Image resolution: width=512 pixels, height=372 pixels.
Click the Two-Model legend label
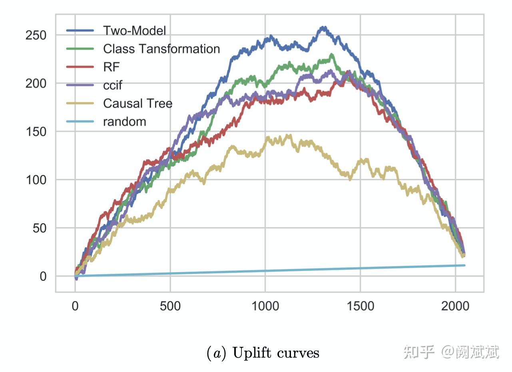134,30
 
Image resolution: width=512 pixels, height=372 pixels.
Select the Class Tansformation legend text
161,49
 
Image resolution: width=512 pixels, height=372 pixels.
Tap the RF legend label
111,67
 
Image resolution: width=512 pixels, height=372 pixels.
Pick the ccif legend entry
113,85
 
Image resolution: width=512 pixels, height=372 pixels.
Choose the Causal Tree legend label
137,103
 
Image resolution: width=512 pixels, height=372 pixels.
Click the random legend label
124,121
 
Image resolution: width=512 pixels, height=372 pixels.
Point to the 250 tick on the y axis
36,35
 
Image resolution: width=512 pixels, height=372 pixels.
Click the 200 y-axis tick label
36,84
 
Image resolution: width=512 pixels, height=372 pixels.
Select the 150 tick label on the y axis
36,131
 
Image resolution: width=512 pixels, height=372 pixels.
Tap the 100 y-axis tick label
36,180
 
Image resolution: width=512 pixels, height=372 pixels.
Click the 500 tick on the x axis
170,306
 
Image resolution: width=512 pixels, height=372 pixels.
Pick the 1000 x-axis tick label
265,306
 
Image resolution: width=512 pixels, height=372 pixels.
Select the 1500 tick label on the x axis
360,306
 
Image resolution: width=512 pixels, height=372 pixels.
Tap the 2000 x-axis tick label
455,306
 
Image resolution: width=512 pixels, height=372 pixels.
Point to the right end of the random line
464,265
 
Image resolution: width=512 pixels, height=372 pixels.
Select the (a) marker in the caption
216,353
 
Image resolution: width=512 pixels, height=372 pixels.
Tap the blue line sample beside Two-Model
80,30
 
